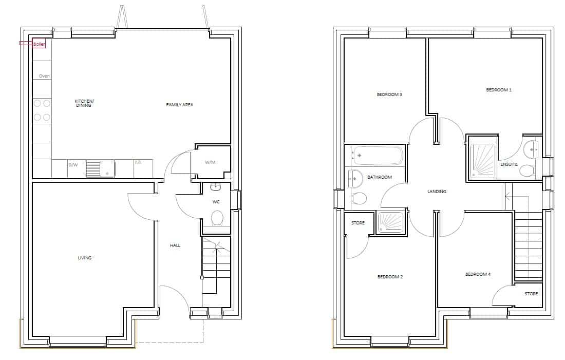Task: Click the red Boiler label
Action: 39,44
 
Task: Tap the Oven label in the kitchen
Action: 44,76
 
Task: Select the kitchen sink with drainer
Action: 100,168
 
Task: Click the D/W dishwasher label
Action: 73,165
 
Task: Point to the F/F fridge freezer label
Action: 138,162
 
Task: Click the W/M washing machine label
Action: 210,162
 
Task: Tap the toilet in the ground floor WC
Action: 217,218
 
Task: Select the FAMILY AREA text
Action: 179,105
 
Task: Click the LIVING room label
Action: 85,258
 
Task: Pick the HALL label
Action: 175,245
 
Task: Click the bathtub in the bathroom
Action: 378,156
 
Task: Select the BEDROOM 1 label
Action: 499,90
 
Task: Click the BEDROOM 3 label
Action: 389,95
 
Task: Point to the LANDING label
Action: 437,192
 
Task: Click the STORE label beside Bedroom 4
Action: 531,294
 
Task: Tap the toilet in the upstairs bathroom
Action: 359,199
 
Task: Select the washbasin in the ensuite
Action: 532,148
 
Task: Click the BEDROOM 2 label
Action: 390,277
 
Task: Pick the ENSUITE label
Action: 509,165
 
